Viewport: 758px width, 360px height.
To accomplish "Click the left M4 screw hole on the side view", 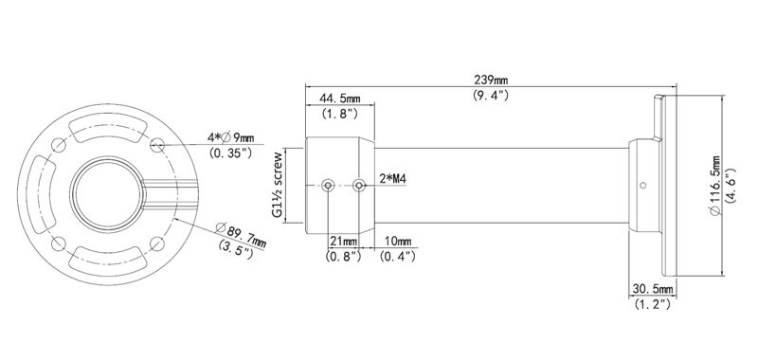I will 328,186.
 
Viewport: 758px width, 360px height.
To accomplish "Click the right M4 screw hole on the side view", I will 359,186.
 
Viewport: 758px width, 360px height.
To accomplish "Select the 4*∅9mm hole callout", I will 234,137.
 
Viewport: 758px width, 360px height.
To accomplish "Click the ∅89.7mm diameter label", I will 243,233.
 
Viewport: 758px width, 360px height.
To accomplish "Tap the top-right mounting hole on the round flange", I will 158,145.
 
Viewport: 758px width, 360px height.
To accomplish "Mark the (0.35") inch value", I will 234,153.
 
